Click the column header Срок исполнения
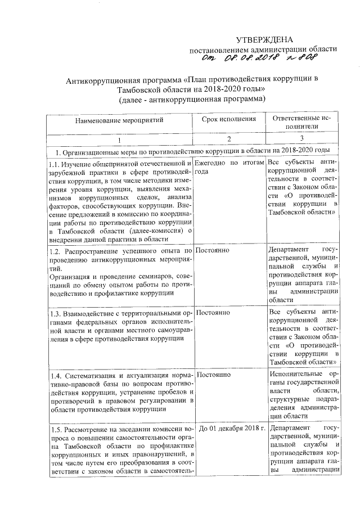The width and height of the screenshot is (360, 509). click(229, 119)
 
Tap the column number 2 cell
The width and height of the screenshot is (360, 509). click(229, 138)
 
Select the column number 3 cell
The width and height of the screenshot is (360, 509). click(302, 138)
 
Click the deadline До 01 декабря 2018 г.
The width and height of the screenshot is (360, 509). click(231, 428)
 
